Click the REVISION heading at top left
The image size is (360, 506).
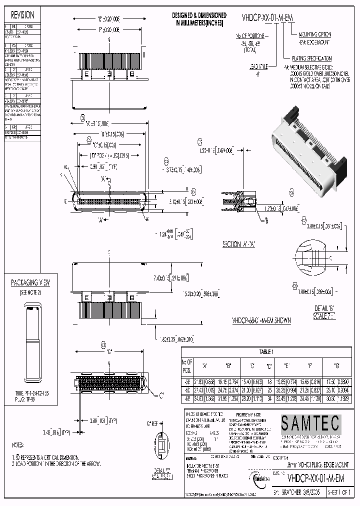(x=23, y=15)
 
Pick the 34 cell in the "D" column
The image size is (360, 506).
(x=269, y=399)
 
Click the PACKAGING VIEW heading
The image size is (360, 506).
(x=31, y=283)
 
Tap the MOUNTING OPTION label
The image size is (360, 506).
(x=314, y=34)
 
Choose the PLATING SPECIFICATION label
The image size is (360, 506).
(x=309, y=58)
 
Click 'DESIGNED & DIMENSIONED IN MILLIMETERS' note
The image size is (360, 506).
(x=199, y=19)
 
